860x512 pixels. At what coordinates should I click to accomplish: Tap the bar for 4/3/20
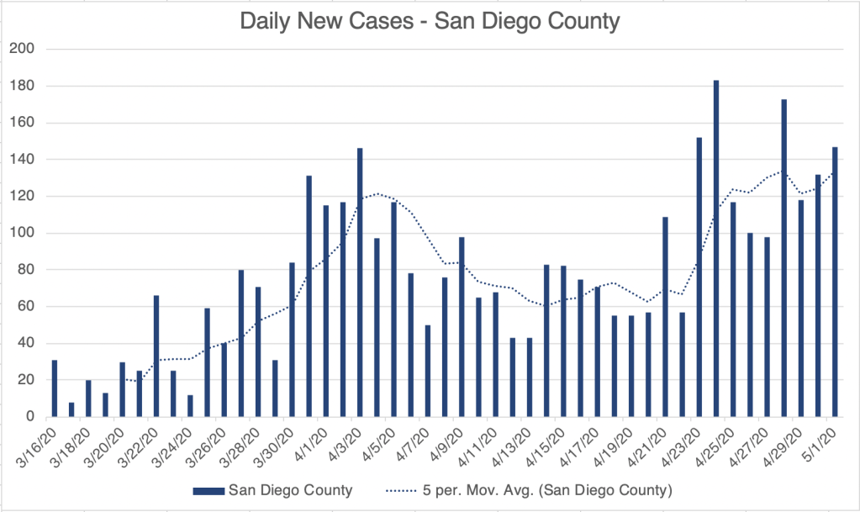click(x=360, y=282)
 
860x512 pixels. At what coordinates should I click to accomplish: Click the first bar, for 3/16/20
click(x=55, y=388)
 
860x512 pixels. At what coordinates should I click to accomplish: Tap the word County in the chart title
click(x=576, y=21)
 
